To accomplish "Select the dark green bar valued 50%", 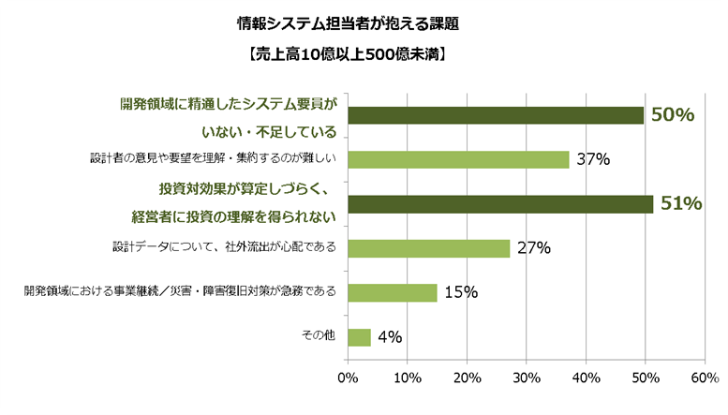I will [496, 115].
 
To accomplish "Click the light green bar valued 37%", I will [458, 159].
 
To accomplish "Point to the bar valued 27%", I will [428, 248].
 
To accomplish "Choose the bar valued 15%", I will [393, 292].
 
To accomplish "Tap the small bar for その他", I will [359, 336].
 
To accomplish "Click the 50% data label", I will [673, 115].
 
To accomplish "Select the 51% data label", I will [681, 203].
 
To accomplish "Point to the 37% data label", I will [593, 159].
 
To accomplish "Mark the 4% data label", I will [391, 336].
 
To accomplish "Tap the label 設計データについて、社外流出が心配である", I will [224, 247].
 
